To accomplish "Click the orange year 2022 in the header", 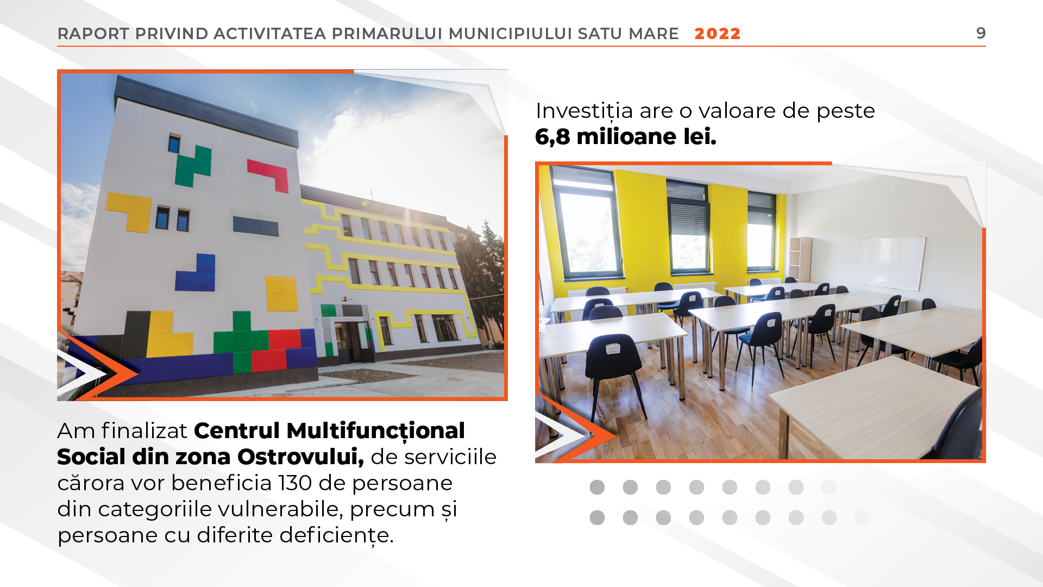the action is pos(717,34).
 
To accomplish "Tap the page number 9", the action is pos(981,33).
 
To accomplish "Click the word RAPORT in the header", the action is pos(93,34).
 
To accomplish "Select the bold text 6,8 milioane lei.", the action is pos(625,136).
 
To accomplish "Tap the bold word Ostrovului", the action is pos(300,457).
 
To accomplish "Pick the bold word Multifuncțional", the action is pos(375,431).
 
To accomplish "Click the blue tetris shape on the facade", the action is pos(196,273).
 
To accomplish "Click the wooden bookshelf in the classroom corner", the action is pos(800,260).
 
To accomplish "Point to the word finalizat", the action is pos(144,430).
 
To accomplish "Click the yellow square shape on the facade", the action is pos(281,293).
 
